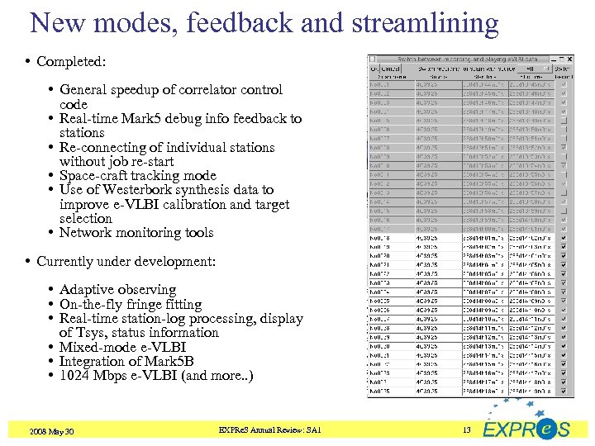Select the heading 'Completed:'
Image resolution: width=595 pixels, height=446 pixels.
[x=71, y=62]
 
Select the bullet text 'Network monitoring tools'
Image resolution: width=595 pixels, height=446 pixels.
[x=136, y=233]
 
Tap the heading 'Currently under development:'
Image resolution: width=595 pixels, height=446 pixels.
[x=126, y=262]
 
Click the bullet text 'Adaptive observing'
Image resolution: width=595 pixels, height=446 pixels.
[x=117, y=290]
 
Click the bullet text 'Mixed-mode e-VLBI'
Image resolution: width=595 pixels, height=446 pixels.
[x=122, y=347]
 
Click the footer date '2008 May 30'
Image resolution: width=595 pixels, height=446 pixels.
[x=51, y=430]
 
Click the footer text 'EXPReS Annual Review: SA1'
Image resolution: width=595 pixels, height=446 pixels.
[x=269, y=429]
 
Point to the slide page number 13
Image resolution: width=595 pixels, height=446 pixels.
[x=466, y=429]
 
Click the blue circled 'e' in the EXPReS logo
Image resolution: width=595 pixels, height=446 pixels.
[x=544, y=429]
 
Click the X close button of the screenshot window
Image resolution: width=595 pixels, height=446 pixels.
[x=569, y=59]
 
